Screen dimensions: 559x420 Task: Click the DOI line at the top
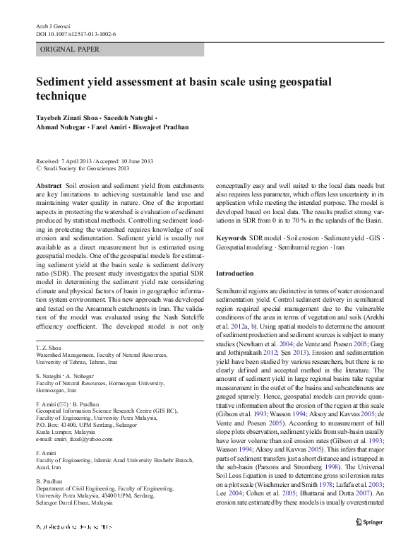point(76,34)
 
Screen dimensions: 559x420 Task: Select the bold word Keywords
point(231,238)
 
